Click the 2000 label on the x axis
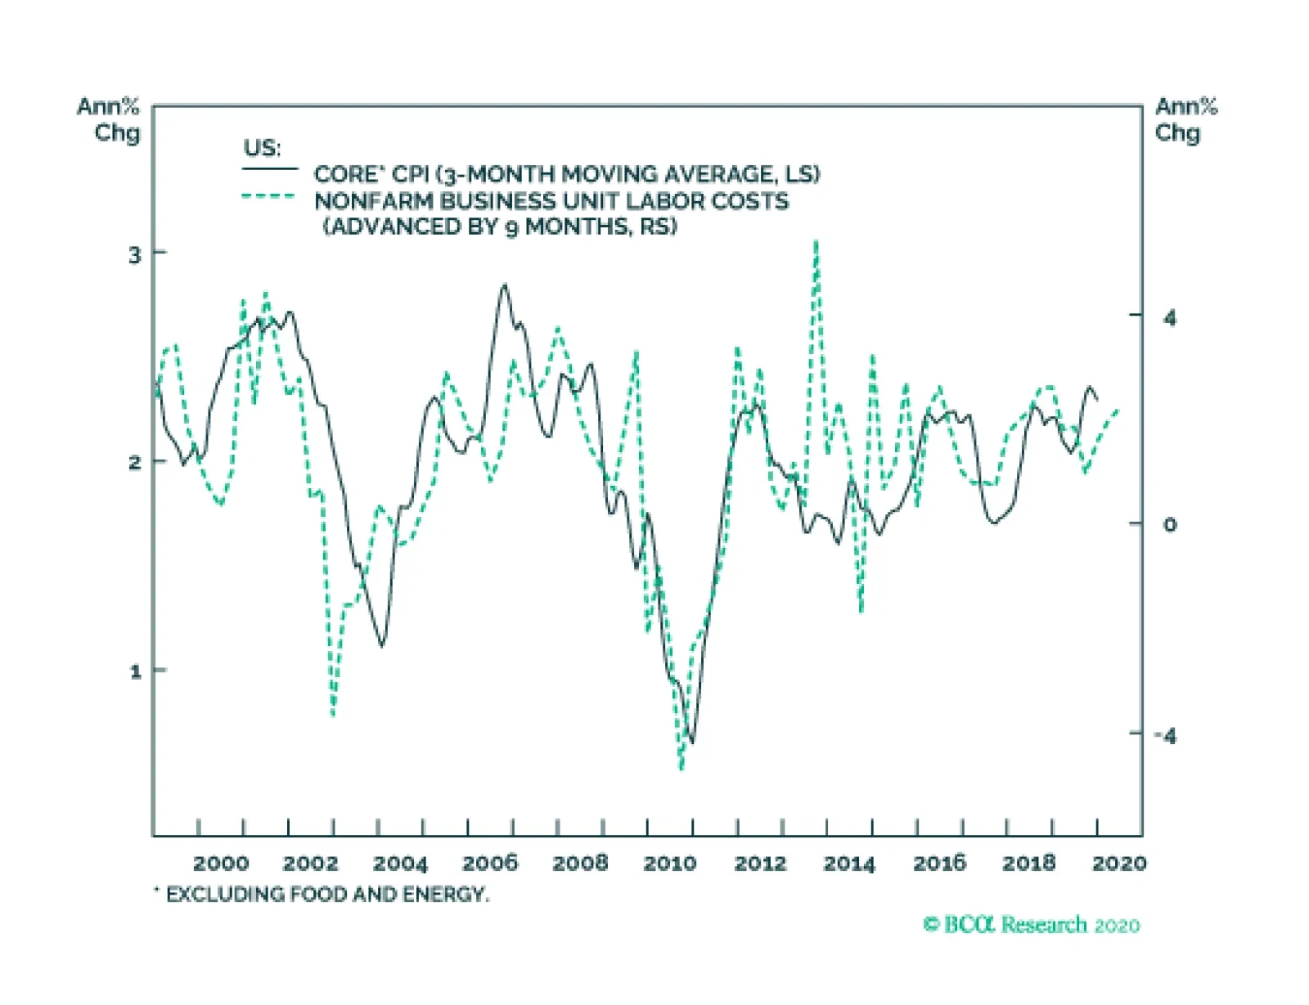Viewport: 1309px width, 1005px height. pyautogui.click(x=221, y=864)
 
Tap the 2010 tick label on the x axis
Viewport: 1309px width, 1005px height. pyautogui.click(x=669, y=864)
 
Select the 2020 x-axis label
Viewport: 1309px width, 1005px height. pyautogui.click(x=1119, y=864)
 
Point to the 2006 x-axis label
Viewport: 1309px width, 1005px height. pyautogui.click(x=490, y=864)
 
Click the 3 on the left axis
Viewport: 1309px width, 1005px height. pyautogui.click(x=135, y=255)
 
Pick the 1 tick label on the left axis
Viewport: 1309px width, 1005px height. pyautogui.click(x=136, y=672)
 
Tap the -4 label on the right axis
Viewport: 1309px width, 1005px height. pyautogui.click(x=1166, y=736)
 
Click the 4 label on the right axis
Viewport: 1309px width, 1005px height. pyautogui.click(x=1170, y=317)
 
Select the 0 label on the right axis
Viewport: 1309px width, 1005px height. pyautogui.click(x=1170, y=525)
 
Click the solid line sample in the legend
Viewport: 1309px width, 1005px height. pyautogui.click(x=270, y=169)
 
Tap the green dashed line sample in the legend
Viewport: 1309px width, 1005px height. pyautogui.click(x=268, y=196)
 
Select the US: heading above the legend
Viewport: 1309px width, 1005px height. pyautogui.click(x=262, y=148)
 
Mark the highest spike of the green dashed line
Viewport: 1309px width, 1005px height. pyautogui.click(x=816, y=242)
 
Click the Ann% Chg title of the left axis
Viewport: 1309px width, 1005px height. pyautogui.click(x=110, y=119)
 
